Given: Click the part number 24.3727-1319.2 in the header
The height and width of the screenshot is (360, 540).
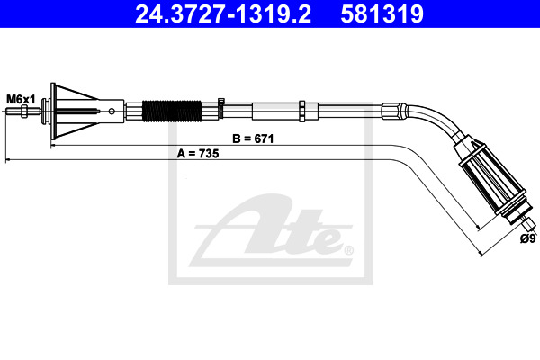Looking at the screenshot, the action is click(x=223, y=13).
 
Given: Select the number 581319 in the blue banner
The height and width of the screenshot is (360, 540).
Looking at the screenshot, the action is click(x=382, y=13).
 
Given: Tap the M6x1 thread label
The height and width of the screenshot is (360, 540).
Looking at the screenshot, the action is click(x=21, y=100).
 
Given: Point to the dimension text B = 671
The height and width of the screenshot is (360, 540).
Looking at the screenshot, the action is click(x=253, y=139).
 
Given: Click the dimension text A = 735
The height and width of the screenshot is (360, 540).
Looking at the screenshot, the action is click(x=198, y=154).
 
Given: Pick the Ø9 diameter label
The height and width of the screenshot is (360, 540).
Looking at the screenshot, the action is click(x=528, y=238).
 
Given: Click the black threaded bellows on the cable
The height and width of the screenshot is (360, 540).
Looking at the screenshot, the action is click(x=172, y=111).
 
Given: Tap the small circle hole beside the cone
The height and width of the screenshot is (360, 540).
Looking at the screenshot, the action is click(x=112, y=112).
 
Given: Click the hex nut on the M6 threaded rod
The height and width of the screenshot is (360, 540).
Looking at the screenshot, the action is click(x=24, y=112).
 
